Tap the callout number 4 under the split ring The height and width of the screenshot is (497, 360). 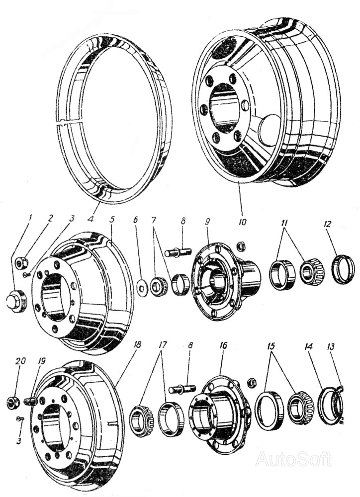click(x=90, y=219)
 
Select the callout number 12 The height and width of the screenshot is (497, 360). click(x=328, y=224)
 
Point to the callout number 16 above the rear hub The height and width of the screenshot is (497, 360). click(x=223, y=345)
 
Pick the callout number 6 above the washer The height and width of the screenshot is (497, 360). click(x=136, y=220)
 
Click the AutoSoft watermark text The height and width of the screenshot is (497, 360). click(x=293, y=458)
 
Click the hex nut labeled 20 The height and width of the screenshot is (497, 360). click(x=13, y=402)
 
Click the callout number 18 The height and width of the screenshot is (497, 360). click(x=138, y=344)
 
